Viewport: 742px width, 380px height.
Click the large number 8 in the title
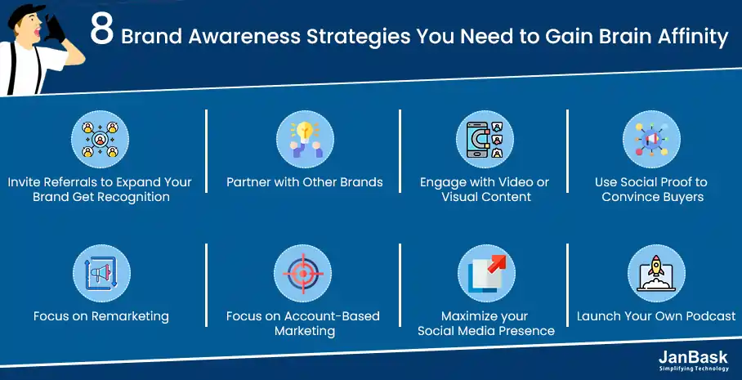[102, 32]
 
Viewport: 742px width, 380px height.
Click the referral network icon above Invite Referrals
[100, 140]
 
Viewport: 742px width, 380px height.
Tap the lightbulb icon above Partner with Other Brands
[306, 140]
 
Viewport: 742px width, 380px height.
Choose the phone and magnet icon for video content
[485, 140]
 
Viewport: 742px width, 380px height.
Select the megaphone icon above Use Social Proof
[651, 140]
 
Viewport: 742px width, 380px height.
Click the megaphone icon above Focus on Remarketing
[101, 273]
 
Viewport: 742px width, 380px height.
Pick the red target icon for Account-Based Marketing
[303, 273]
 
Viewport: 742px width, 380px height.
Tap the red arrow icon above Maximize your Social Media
[486, 273]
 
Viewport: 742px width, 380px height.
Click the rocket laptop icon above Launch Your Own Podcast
[656, 273]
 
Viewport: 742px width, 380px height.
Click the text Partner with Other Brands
[305, 182]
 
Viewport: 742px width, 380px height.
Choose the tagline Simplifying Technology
[693, 369]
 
